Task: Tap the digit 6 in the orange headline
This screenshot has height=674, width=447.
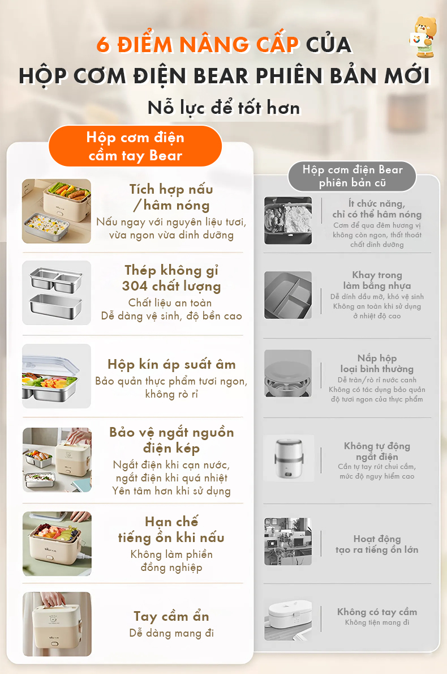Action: [104, 45]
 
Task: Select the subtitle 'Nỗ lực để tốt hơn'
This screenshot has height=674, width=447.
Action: [223, 108]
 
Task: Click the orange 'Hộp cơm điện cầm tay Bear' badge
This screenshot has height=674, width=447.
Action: [135, 146]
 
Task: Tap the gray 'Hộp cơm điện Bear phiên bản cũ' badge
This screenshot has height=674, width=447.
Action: [352, 176]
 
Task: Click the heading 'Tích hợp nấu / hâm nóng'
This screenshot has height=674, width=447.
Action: [171, 197]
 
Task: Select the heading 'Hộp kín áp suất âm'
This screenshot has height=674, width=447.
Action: [171, 365]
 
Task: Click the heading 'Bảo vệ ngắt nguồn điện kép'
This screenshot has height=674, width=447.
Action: [171, 440]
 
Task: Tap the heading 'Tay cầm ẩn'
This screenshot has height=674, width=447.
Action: [171, 616]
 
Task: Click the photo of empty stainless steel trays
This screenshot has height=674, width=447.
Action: [57, 293]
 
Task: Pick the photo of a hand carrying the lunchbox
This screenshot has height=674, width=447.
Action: [57, 624]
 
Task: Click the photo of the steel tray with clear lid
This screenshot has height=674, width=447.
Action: [57, 376]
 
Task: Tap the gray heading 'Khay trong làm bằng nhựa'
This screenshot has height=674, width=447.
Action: [377, 280]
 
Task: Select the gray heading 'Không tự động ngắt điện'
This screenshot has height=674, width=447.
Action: [377, 451]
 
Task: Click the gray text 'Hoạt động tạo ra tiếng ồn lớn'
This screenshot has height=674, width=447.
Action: [377, 544]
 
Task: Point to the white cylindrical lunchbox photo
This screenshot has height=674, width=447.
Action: [288, 458]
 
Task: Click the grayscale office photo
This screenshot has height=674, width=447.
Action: [287, 541]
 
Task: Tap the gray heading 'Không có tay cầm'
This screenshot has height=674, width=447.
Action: [377, 612]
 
